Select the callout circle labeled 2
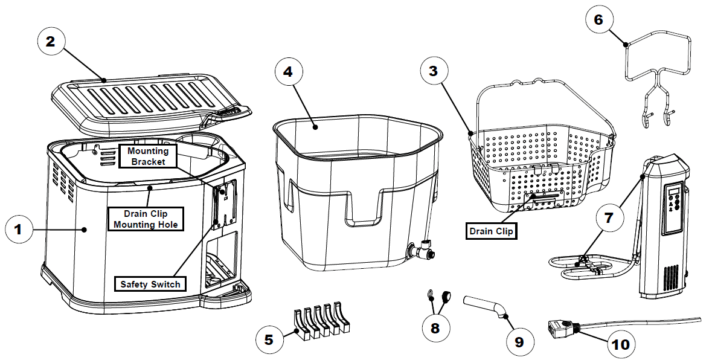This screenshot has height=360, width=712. pos(51,41)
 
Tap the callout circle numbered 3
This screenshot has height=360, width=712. pos(434,70)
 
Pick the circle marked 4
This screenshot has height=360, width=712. pos(288,71)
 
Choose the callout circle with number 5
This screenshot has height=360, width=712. pos(269,339)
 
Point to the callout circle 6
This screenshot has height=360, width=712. pos(598,20)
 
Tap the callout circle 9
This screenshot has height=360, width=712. pos(519,342)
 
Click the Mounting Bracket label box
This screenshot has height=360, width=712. pos(148,155)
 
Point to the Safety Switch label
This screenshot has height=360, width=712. pos(150,284)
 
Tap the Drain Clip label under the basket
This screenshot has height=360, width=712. pos(491,230)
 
